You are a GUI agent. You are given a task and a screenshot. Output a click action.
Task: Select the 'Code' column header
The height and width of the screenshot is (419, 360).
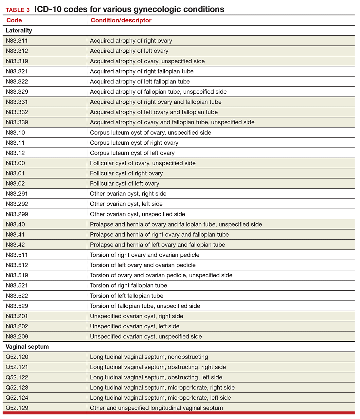[14, 20]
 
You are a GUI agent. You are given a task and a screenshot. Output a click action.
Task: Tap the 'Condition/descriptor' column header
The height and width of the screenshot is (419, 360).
[121, 20]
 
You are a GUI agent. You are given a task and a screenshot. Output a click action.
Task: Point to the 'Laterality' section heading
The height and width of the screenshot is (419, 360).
[19, 30]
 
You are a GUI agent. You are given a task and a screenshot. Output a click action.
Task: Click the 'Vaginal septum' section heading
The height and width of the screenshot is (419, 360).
[27, 347]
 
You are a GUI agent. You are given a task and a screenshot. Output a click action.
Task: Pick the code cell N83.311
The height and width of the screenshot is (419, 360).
[17, 41]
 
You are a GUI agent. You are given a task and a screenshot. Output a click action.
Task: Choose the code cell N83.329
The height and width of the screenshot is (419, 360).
[17, 92]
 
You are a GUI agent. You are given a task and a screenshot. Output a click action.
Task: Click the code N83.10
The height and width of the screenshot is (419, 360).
[15, 133]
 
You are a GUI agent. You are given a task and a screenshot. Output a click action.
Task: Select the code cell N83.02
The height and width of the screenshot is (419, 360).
[15, 183]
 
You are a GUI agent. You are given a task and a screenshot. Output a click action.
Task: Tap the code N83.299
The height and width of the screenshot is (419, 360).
[17, 214]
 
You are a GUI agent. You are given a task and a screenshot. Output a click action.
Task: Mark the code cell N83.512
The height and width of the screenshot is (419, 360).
[17, 265]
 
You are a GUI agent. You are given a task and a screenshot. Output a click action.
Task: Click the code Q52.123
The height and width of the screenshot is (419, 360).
[17, 388]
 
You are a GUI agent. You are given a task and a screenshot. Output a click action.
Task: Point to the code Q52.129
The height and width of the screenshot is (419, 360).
[17, 408]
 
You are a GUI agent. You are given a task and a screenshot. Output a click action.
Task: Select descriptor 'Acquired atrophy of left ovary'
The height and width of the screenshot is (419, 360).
[129, 51]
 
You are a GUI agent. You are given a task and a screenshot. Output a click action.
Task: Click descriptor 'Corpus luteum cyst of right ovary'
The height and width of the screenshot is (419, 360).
[134, 143]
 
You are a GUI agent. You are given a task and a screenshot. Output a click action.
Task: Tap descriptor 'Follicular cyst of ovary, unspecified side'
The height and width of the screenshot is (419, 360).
[143, 163]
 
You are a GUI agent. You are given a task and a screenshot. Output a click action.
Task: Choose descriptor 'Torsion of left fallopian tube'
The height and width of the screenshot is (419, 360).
[127, 296]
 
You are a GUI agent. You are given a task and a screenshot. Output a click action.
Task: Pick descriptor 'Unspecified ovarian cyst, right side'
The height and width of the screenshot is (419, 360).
[136, 316]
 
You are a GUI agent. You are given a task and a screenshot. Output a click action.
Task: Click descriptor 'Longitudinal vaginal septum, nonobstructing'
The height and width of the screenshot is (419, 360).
[149, 357]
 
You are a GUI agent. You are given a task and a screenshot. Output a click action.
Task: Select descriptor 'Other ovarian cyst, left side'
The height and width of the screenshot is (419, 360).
[126, 204]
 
